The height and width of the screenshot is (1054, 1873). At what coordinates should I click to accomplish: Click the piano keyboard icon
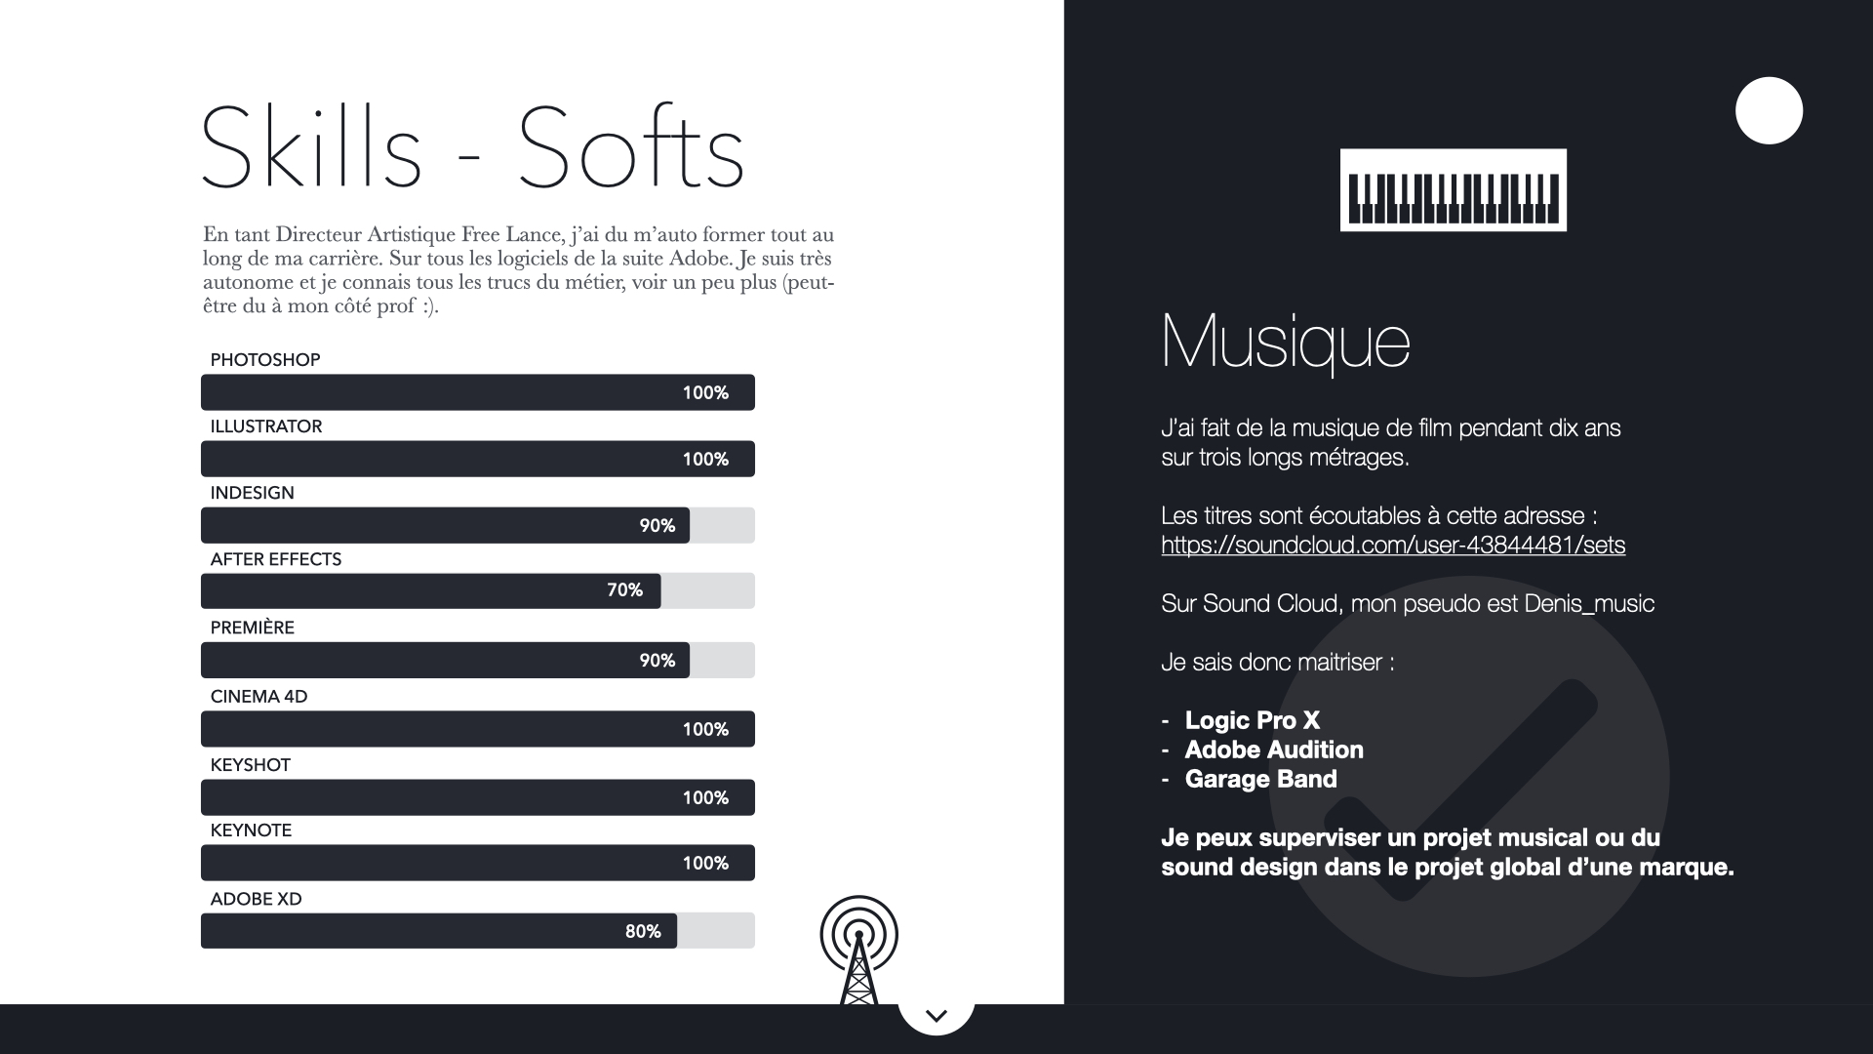tap(1453, 190)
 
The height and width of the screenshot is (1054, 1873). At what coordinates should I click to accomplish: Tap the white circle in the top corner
tap(1769, 110)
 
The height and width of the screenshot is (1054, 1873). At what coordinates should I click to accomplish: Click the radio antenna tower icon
tap(858, 950)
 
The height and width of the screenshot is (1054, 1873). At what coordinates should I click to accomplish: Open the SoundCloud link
tap(1393, 545)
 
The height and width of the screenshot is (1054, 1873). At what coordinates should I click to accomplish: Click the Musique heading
tap(1286, 343)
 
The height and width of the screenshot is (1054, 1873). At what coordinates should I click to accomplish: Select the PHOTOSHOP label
tap(265, 360)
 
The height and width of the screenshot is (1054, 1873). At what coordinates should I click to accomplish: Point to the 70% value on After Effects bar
tap(624, 590)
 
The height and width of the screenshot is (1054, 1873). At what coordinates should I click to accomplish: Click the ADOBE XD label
tap(256, 899)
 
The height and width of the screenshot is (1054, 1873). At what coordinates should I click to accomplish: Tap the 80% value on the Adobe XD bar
tap(643, 932)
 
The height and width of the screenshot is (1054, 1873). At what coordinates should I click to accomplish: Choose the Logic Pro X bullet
tap(1253, 720)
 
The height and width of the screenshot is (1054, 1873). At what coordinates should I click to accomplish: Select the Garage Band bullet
tap(1260, 779)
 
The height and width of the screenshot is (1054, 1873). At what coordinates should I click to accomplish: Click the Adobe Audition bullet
tap(1274, 750)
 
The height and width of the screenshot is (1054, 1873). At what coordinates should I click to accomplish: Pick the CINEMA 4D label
tap(259, 697)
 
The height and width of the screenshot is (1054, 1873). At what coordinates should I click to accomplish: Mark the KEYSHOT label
tap(251, 765)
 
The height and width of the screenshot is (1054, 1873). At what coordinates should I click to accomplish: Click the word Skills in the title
tap(311, 147)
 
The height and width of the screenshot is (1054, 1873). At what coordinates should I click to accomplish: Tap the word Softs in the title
tap(631, 147)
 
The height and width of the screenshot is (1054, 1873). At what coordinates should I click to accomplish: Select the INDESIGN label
tap(252, 493)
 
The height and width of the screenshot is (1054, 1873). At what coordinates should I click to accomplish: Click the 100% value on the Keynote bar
tap(705, 864)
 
